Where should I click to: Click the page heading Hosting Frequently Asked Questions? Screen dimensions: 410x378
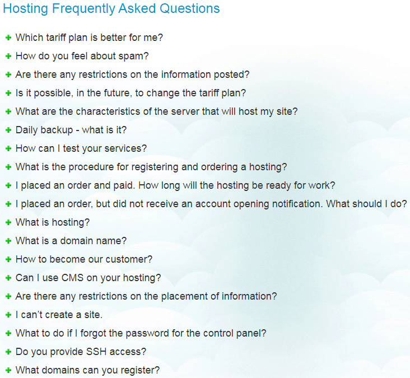pos(111,8)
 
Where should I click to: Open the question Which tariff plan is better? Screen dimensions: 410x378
pos(89,38)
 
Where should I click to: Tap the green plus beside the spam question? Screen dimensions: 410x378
pos(8,56)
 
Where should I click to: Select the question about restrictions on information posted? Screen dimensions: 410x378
pos(132,75)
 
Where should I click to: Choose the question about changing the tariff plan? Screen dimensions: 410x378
pos(131,94)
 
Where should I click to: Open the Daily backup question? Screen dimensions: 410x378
pos(71,130)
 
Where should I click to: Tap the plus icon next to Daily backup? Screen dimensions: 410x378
pos(8,130)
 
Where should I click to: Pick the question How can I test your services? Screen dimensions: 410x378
pos(81,148)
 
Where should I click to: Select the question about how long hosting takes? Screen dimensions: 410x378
pos(175,185)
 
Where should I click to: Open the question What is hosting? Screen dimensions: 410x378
pos(53,222)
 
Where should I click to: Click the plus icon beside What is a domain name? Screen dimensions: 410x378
pos(8,241)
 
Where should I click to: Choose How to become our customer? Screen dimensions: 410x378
pos(84,259)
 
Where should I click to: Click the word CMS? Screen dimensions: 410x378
pos(72,278)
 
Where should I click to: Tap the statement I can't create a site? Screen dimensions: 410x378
pos(59,315)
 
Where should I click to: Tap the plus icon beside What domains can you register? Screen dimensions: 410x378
pos(8,370)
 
